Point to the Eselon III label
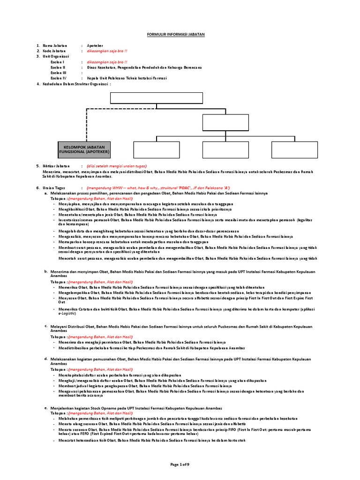[59, 73]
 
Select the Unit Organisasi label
[56, 56]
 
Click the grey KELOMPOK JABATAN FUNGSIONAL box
[84, 150]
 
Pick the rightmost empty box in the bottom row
[293, 150]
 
